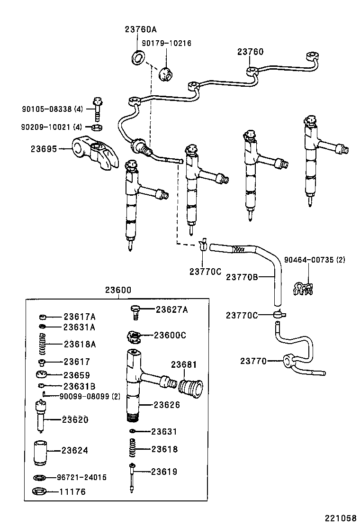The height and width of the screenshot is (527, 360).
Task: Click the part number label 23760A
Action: pyautogui.click(x=141, y=29)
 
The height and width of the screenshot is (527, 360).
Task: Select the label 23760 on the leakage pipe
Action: pyautogui.click(x=250, y=52)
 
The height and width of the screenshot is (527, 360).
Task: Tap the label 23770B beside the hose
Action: pyautogui.click(x=242, y=277)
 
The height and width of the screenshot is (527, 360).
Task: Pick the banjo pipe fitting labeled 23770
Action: pyautogui.click(x=288, y=362)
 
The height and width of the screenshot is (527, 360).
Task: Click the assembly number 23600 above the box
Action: pyautogui.click(x=118, y=291)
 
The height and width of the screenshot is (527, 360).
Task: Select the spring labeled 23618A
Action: pyautogui.click(x=42, y=344)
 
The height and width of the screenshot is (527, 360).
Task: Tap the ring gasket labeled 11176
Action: pyautogui.click(x=40, y=491)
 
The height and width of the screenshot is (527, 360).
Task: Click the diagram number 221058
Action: pyautogui.click(x=340, y=518)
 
